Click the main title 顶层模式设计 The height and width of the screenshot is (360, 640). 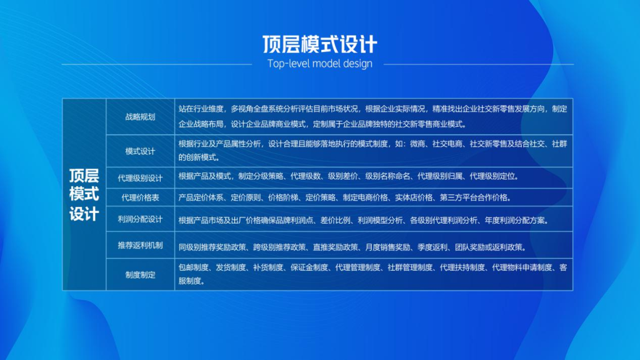pyautogui.click(x=319, y=44)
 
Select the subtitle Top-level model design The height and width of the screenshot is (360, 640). pyautogui.click(x=319, y=63)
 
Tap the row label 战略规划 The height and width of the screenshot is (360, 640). pyautogui.click(x=140, y=117)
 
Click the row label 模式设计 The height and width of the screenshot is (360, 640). pyautogui.click(x=140, y=151)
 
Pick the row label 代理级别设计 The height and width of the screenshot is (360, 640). pyautogui.click(x=140, y=178)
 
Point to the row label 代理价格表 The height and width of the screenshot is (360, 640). pyautogui.click(x=140, y=197)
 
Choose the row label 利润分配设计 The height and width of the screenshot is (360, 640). pyautogui.click(x=140, y=219)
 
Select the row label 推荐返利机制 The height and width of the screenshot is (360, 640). pyautogui.click(x=140, y=245)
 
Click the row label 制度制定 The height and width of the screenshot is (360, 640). pyautogui.click(x=140, y=274)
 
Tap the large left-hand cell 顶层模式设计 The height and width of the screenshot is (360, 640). pyautogui.click(x=84, y=194)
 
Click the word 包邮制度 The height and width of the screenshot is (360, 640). pyautogui.click(x=193, y=268)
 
